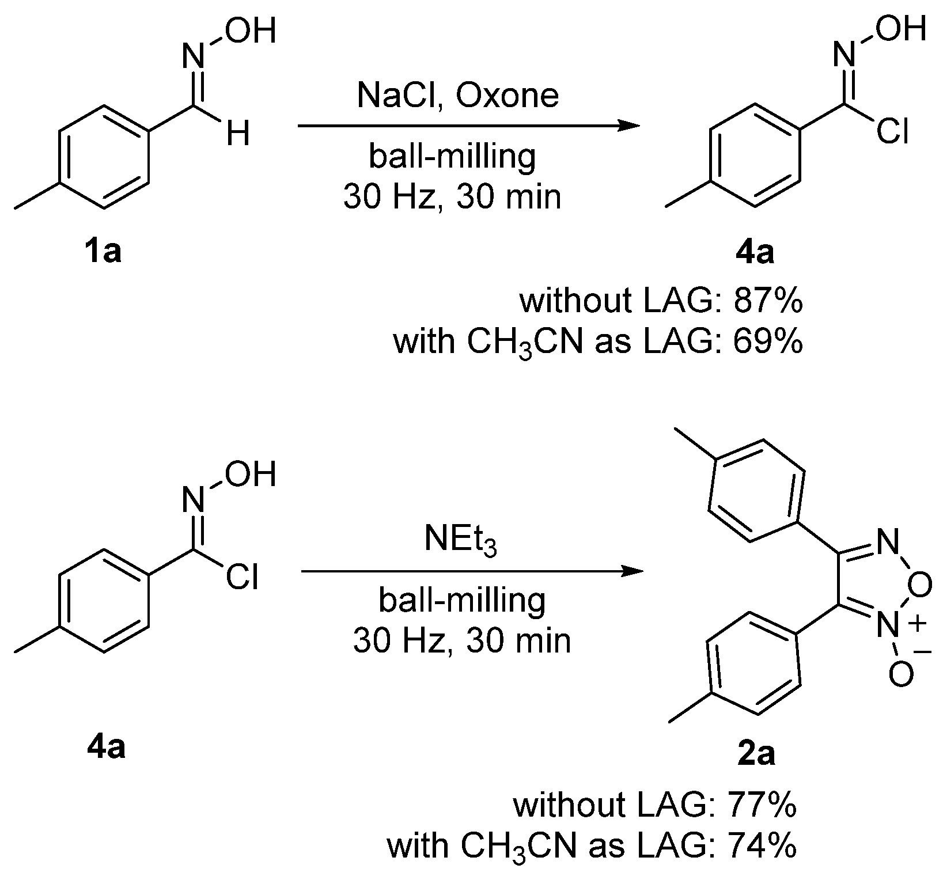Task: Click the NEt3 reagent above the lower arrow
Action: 460,542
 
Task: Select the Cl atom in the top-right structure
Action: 892,132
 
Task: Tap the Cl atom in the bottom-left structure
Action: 242,578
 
